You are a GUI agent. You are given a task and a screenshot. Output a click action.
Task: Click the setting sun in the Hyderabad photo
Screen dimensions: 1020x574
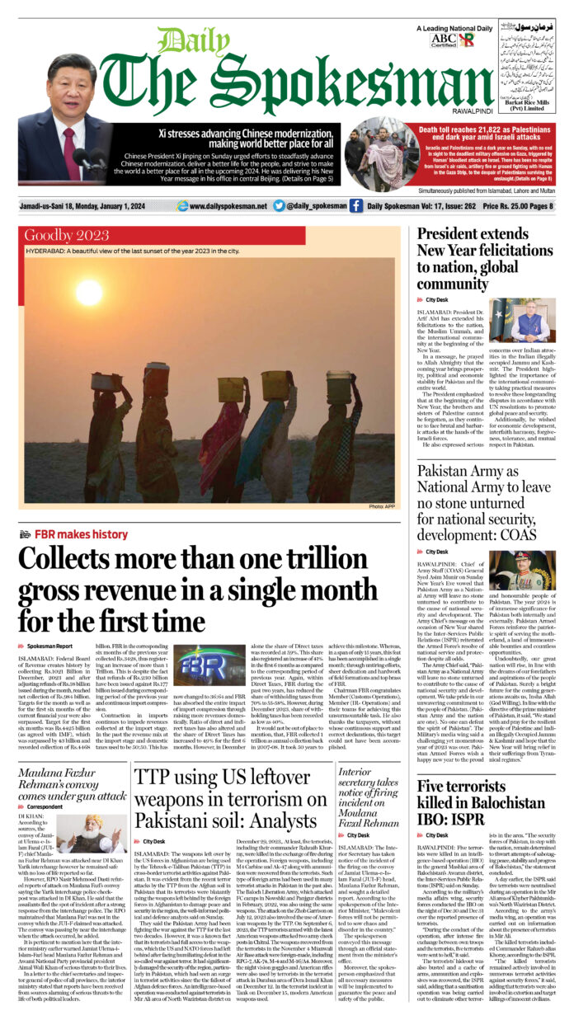point(89,292)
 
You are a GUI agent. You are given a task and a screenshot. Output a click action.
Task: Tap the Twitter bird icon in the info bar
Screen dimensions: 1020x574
point(279,206)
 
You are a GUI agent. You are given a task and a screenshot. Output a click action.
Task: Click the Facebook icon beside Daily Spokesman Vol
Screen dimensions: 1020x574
point(355,206)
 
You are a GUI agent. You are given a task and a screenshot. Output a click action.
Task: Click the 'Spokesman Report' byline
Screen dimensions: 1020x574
point(49,646)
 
